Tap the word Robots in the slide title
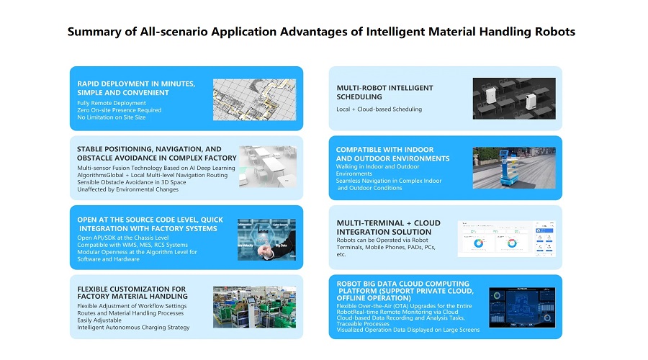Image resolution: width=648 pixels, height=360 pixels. tap(555, 32)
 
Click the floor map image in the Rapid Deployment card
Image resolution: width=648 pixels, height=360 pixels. tap(255, 99)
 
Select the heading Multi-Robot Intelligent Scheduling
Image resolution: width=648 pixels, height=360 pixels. tap(384, 92)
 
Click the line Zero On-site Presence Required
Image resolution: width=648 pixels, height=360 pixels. tap(119, 110)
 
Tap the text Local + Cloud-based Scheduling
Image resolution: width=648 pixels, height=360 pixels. tap(379, 109)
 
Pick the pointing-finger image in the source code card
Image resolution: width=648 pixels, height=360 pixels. tap(266, 239)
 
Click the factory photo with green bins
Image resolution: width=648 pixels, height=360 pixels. tap(255, 307)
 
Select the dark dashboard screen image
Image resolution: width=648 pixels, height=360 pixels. tap(522, 307)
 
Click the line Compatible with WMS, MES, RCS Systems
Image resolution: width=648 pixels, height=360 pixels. tap(132, 245)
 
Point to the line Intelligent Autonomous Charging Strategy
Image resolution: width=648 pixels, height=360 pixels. tap(133, 328)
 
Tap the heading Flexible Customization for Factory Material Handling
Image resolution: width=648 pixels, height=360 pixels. tap(132, 292)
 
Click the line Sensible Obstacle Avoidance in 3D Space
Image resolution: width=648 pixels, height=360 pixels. tap(132, 182)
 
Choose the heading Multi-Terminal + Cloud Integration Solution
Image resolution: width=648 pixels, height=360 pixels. tap(389, 228)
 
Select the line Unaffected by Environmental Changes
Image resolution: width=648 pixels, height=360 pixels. tap(127, 189)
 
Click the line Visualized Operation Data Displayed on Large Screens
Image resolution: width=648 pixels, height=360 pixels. tap(408, 330)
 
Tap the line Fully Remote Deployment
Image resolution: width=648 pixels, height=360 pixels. tap(111, 103)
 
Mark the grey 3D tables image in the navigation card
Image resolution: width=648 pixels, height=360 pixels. tap(268, 166)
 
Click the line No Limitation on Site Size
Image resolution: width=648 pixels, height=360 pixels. tap(111, 117)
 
